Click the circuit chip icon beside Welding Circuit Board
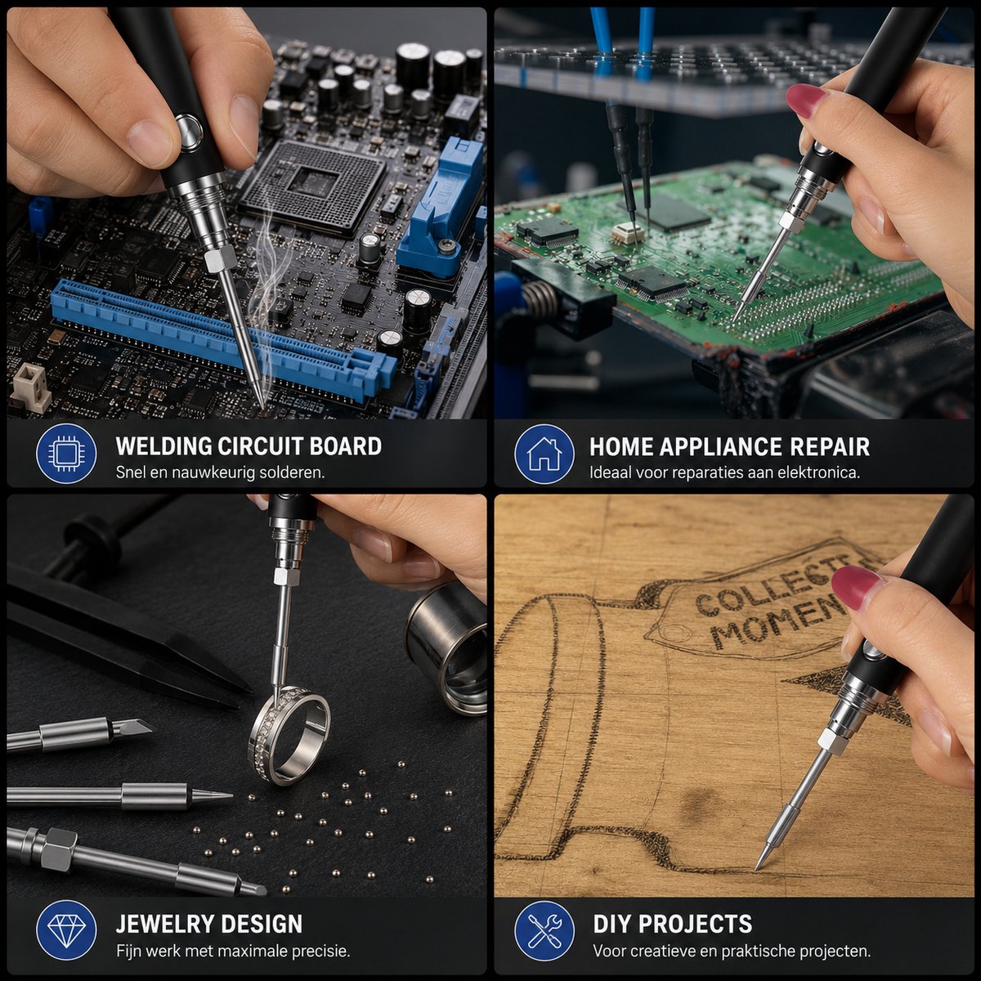pos(66,453)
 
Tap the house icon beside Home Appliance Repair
pos(544,453)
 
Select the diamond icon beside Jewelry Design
pos(66,930)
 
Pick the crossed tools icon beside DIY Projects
pos(544,930)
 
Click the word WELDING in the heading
pos(163,446)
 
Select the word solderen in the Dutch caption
pos(292,473)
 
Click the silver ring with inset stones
pos(289,733)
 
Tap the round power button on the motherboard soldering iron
pos(189,132)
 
